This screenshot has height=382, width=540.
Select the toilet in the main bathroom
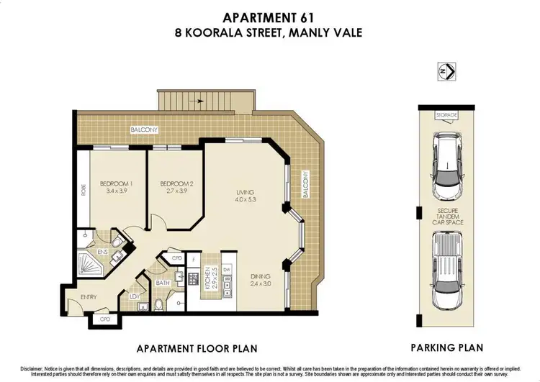158,304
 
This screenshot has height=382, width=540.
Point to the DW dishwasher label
228,270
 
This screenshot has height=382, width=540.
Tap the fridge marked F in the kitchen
194,258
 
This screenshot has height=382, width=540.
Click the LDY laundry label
134,296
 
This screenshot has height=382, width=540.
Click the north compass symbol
447,71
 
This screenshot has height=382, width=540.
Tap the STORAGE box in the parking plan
446,114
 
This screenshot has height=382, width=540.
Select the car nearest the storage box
446,165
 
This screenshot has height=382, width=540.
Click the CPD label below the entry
104,318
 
